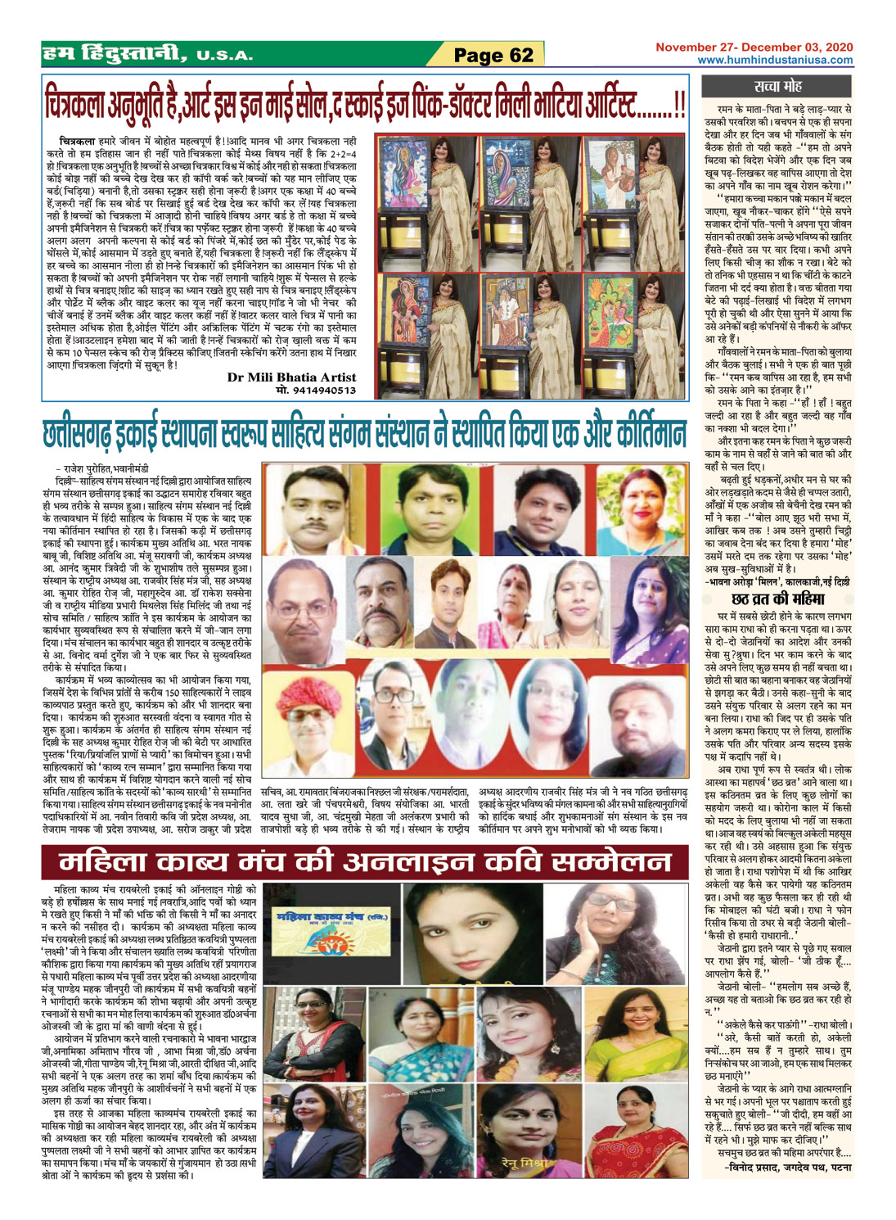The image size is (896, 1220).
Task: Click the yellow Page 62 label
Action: coord(493,56)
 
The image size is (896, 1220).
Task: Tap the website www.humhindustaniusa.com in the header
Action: coord(774,60)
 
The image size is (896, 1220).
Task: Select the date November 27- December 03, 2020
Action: coord(753,47)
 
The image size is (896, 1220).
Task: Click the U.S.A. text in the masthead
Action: coord(224,56)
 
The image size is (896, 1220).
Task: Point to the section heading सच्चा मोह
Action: coord(777,86)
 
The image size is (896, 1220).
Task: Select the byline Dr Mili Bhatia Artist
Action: coord(291,377)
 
